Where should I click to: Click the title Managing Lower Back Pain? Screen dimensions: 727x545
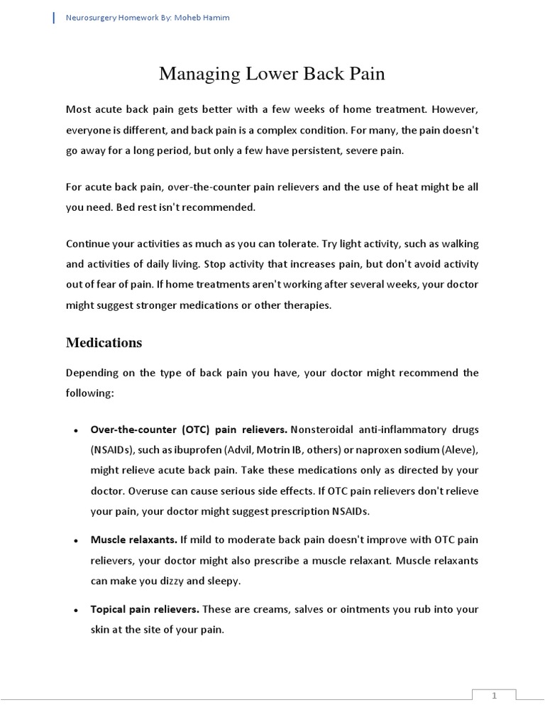pos(272,74)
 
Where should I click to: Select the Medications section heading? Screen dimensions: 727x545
pos(104,343)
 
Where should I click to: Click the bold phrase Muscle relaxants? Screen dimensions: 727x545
pos(133,540)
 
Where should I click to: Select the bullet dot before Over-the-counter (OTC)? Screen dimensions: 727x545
pos(75,431)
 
